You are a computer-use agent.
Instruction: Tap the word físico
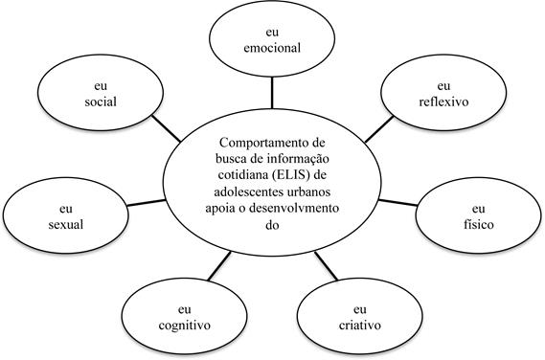480,223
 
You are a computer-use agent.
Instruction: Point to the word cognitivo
185,324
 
